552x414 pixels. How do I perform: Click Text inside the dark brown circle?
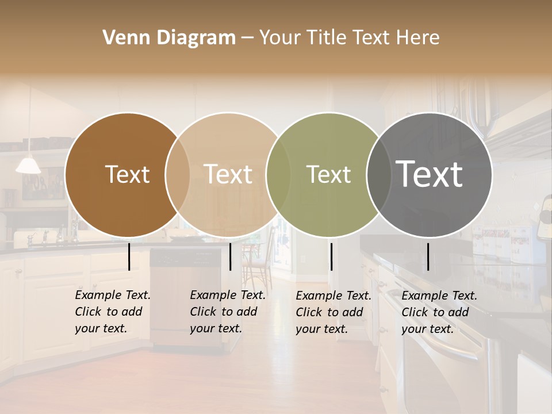[x=127, y=174]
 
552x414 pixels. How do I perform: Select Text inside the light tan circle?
[x=228, y=174]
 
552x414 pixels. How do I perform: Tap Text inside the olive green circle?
[x=328, y=174]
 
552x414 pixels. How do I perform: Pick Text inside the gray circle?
[x=430, y=174]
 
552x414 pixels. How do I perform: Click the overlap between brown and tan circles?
[x=178, y=175]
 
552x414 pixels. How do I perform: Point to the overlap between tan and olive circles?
[x=278, y=175]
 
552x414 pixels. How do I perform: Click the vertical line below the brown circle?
[x=129, y=256]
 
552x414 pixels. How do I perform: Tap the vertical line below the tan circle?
[x=230, y=256]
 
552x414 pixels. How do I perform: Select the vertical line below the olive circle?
[x=331, y=256]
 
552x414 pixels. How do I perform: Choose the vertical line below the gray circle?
[x=428, y=256]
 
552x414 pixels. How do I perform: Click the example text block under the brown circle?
[x=112, y=312]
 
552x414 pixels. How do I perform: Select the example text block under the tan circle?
[x=227, y=312]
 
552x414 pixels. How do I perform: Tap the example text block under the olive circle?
[x=333, y=312]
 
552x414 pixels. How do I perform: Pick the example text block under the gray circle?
[x=439, y=312]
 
